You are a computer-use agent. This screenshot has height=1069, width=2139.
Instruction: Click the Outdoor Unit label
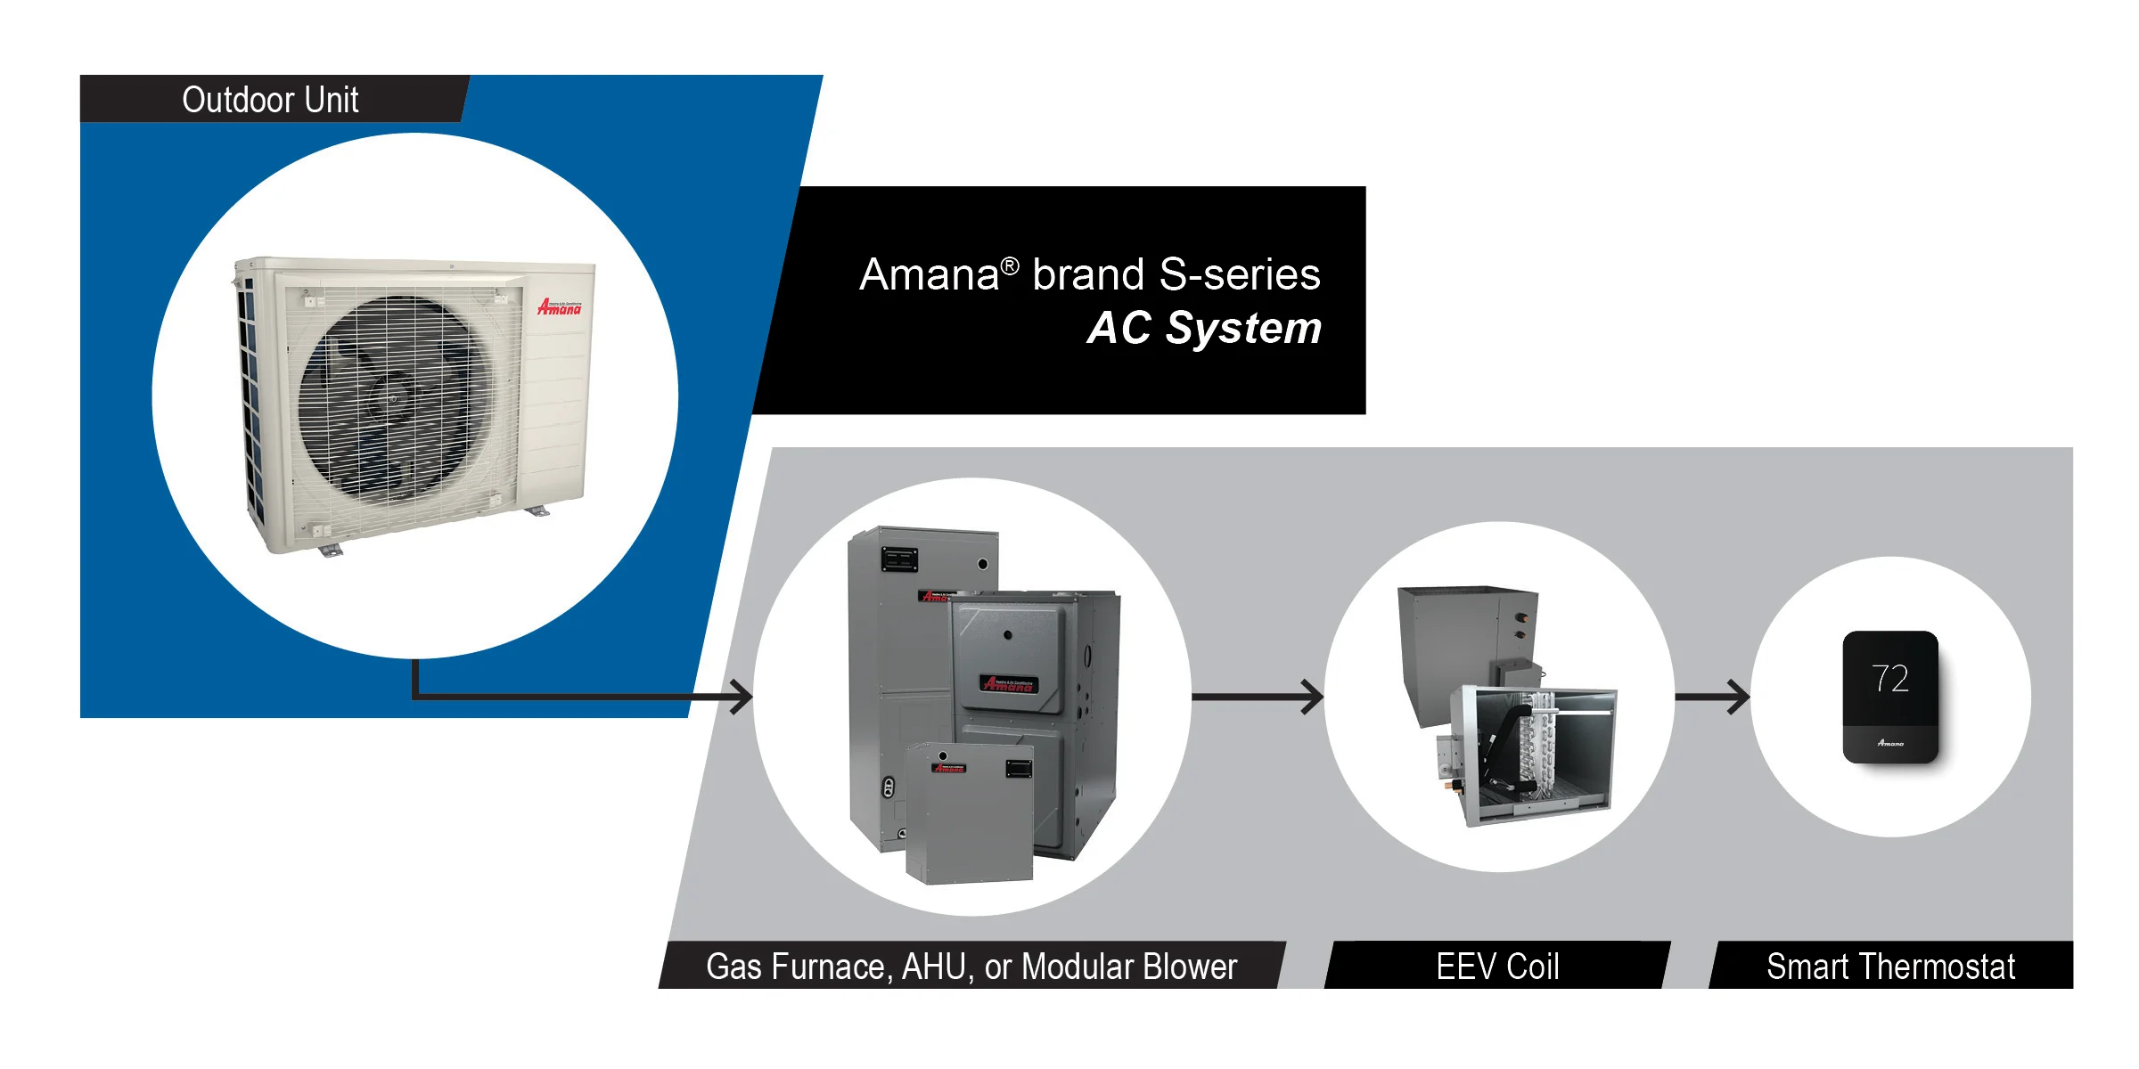[x=270, y=100]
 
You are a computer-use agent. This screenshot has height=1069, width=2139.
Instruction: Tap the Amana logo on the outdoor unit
[x=559, y=307]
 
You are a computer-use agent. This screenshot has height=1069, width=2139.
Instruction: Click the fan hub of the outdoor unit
[x=392, y=396]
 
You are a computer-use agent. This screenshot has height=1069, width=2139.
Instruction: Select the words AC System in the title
[x=1204, y=328]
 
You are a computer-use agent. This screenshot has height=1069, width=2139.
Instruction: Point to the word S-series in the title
[x=1239, y=274]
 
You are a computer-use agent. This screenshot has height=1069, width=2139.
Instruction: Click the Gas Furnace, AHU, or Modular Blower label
[x=971, y=967]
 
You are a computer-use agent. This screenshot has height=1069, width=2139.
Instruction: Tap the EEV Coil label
[x=1497, y=967]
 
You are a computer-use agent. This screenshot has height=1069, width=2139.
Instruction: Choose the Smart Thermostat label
[x=1890, y=967]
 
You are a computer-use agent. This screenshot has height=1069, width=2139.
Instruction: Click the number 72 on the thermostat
[x=1889, y=679]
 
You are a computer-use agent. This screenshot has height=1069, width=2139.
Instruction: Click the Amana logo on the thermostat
[x=1889, y=743]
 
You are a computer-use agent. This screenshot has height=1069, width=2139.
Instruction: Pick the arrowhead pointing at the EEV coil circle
[x=1313, y=697]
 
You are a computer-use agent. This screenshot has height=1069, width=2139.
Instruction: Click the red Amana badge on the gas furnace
[x=1008, y=684]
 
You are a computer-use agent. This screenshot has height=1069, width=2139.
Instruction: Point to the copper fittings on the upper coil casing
[x=1521, y=624]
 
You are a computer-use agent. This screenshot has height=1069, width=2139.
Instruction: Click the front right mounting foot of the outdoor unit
[x=537, y=511]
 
